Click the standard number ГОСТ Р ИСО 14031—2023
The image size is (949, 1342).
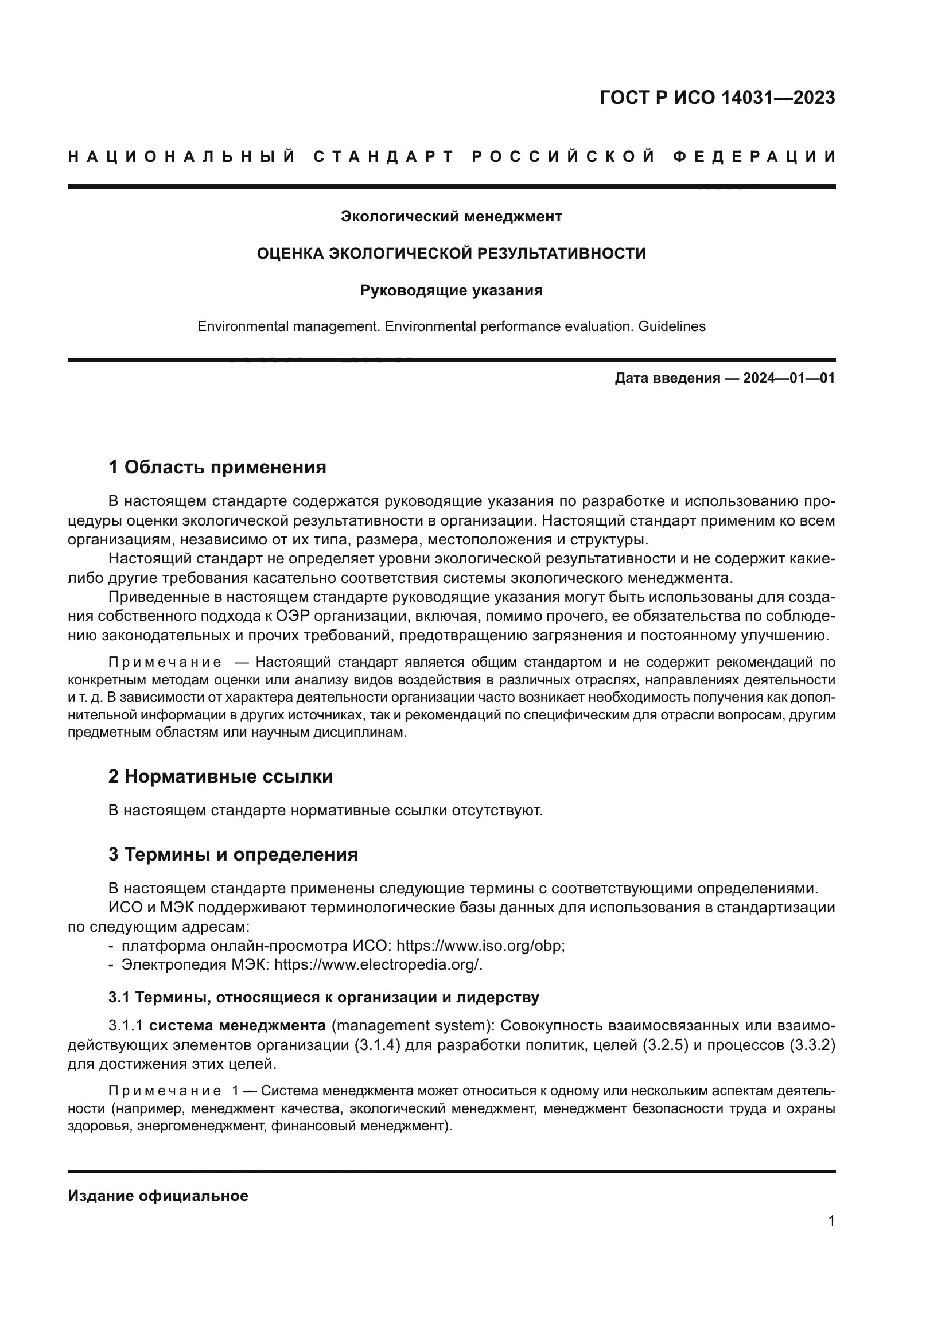(x=717, y=98)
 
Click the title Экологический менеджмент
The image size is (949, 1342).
(x=451, y=217)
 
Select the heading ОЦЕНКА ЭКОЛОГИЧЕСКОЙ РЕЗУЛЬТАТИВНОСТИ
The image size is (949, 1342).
(x=451, y=254)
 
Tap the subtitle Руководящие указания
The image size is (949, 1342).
(x=451, y=290)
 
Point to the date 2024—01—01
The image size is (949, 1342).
(x=788, y=378)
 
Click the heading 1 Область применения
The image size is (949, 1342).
(x=217, y=467)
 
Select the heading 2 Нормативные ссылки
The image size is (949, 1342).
(x=220, y=776)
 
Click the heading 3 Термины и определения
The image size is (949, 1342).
(x=232, y=854)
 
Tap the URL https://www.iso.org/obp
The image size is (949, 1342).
(x=480, y=929)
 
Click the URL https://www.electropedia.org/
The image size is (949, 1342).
(x=378, y=948)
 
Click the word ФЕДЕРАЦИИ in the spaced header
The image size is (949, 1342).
(x=754, y=157)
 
